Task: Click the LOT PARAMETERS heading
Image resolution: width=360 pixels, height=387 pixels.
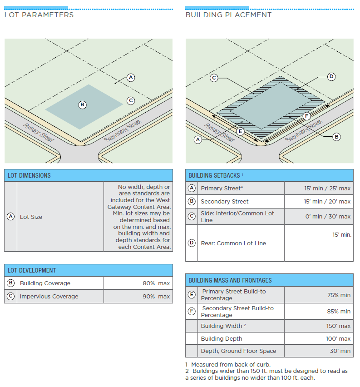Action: coord(39,15)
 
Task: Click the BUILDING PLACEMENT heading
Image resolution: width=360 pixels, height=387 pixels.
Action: coord(228,15)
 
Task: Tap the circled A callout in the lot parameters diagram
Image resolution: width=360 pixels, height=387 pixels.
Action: coord(131,77)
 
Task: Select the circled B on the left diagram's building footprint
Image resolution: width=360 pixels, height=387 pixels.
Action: coord(83,104)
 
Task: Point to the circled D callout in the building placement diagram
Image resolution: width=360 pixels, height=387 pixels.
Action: coord(331,76)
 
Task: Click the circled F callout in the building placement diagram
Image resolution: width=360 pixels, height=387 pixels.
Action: coord(306,116)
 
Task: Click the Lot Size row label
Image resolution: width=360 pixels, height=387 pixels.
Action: coord(31,217)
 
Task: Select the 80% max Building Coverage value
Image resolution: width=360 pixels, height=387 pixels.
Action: coord(156,283)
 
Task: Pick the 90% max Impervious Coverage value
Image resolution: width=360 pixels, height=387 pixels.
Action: coord(156,297)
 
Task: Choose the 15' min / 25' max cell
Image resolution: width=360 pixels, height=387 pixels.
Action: coord(327,188)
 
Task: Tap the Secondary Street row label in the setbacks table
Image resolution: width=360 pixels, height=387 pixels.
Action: coord(225,201)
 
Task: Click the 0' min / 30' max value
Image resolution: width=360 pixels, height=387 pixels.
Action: coord(328,217)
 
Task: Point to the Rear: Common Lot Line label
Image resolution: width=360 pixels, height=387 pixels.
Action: coord(233,243)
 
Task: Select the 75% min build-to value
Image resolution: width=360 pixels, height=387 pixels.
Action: coord(339,295)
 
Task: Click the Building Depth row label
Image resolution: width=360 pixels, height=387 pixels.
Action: coord(222,338)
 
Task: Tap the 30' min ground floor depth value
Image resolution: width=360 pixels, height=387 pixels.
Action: coord(340,351)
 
